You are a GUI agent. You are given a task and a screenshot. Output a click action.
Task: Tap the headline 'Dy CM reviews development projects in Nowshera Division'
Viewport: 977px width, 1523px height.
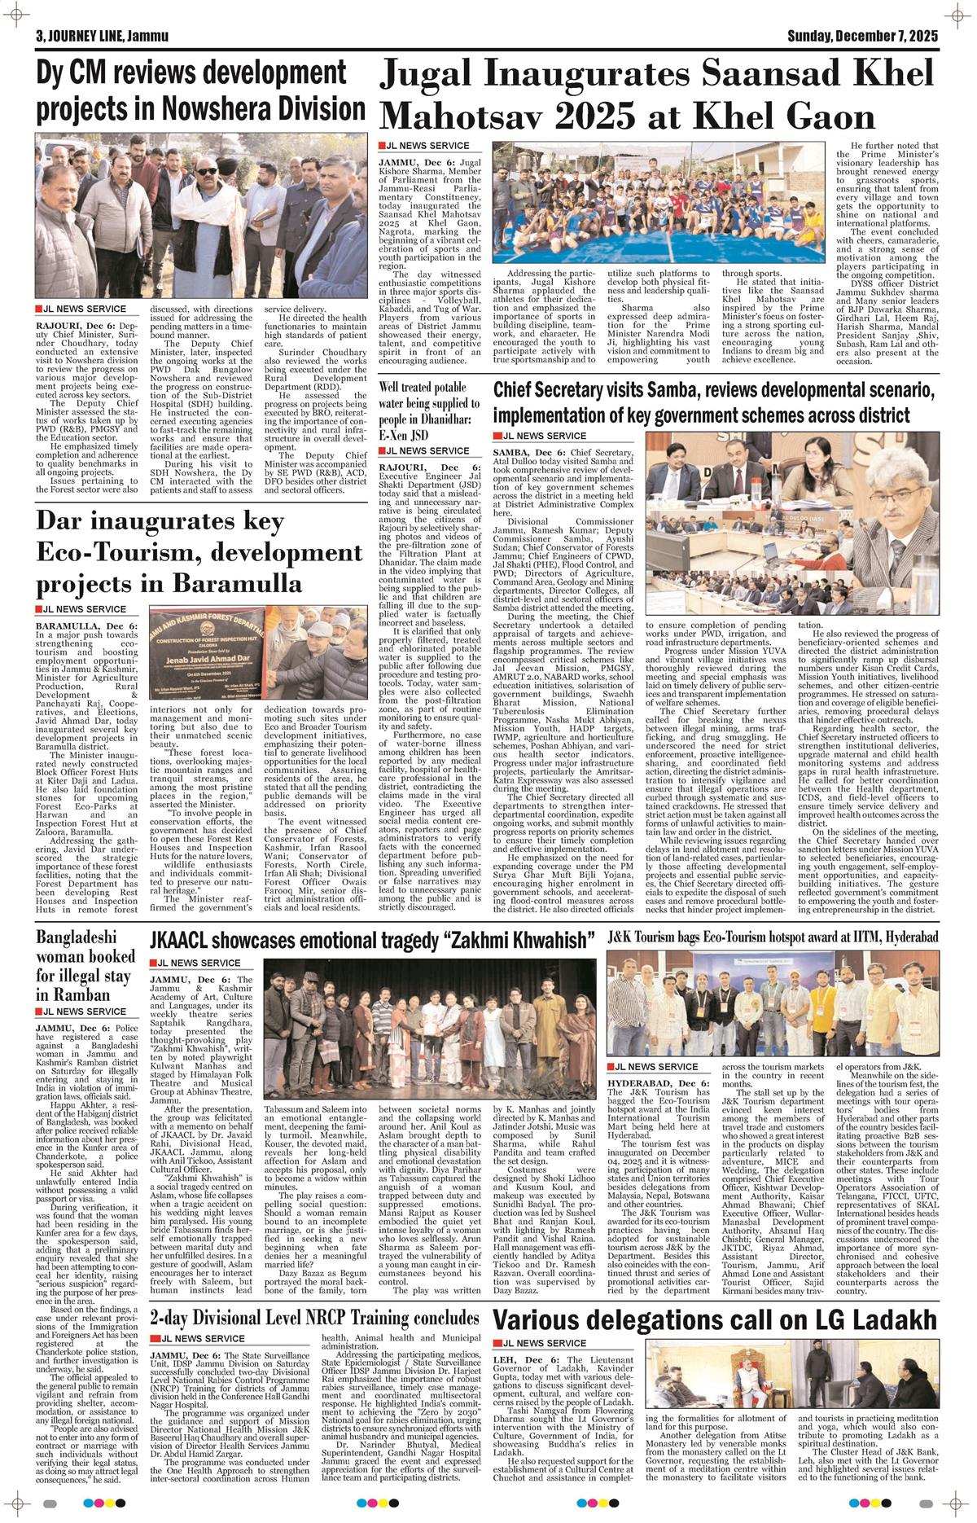click(200, 90)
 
